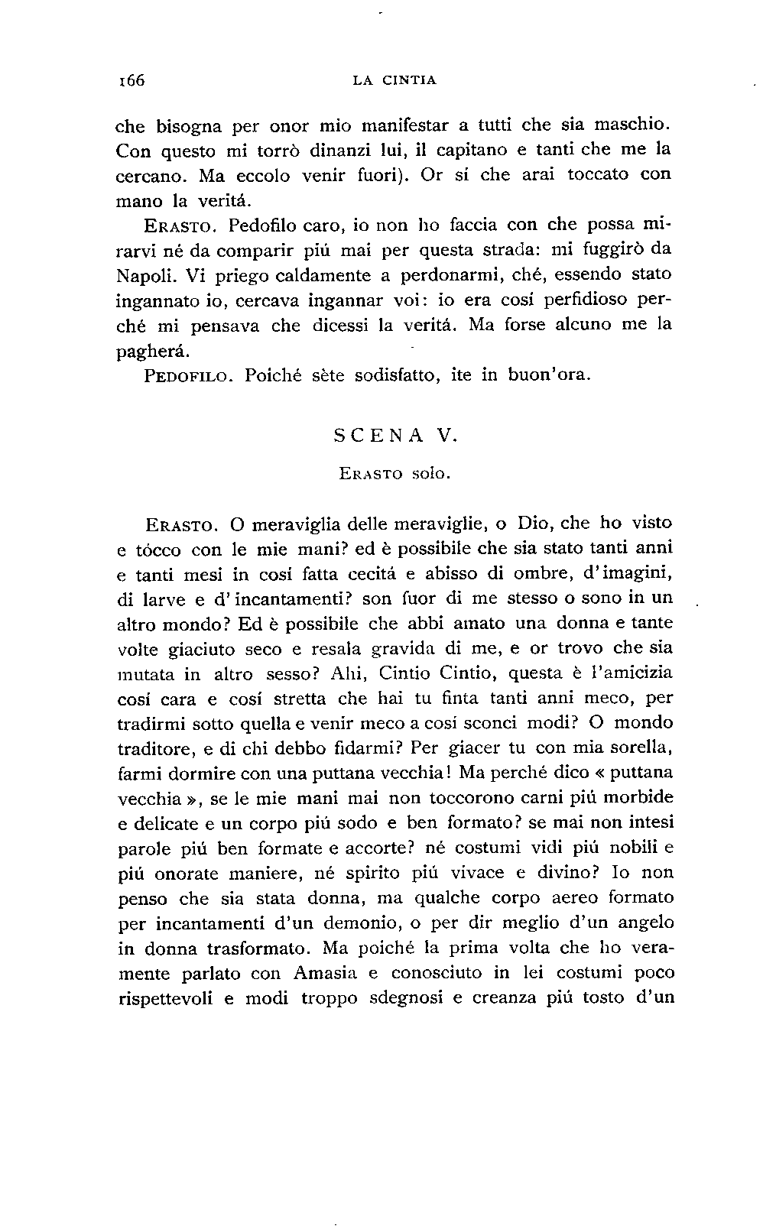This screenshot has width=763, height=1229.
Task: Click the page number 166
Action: (x=131, y=80)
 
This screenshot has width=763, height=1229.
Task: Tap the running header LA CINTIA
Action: (x=395, y=80)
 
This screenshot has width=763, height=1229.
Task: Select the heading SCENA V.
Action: (x=395, y=437)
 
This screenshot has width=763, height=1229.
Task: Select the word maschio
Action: (x=635, y=124)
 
